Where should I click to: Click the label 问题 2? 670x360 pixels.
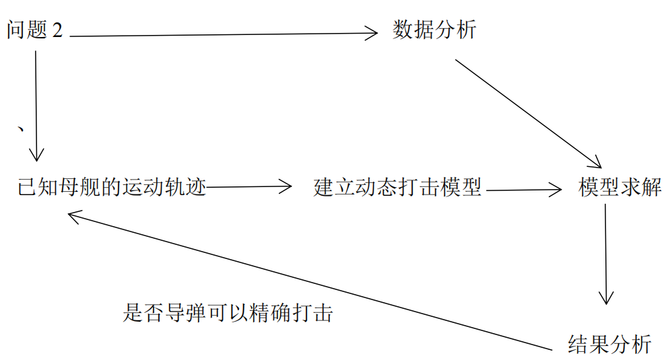tap(34, 30)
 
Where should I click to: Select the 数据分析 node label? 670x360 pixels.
tap(434, 30)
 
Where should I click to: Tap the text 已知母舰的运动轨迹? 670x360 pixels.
tap(111, 186)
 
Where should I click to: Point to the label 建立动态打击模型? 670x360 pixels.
tap(398, 187)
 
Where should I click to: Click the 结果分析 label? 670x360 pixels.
tap(610, 344)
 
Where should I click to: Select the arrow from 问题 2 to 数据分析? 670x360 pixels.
tap(222, 34)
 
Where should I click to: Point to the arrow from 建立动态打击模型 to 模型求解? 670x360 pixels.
tap(523, 190)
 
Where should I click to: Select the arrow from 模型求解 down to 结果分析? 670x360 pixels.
tap(606, 252)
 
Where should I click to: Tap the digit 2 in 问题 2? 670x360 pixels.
tap(57, 31)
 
